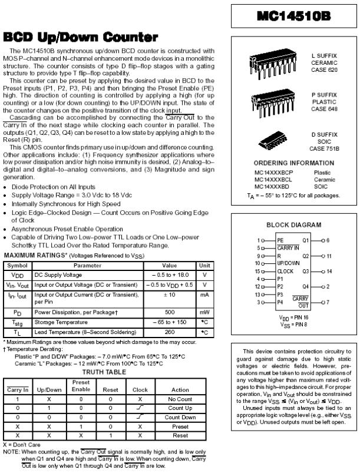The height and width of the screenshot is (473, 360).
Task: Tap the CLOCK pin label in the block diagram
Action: click(285, 271)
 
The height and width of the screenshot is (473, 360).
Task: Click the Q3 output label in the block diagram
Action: click(306, 271)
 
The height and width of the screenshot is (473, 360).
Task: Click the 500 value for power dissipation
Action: click(170, 312)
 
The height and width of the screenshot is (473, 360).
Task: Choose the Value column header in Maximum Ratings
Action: click(170, 266)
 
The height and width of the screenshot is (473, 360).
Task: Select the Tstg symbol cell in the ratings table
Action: click(17, 322)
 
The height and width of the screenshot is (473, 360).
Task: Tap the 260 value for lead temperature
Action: click(170, 332)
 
